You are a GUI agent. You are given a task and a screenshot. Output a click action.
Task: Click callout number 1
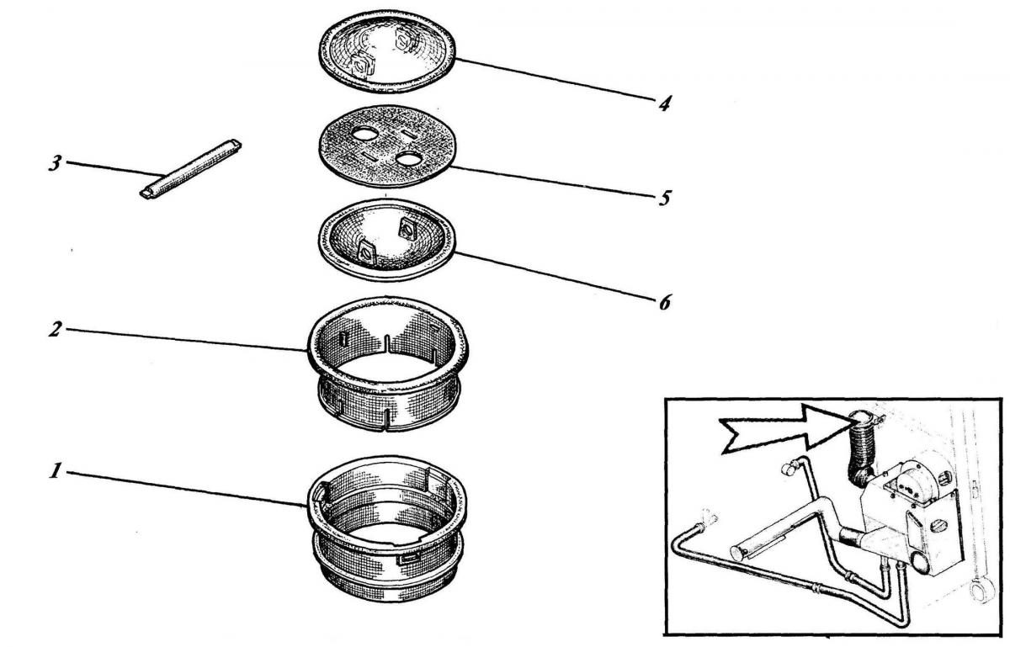[x=55, y=472]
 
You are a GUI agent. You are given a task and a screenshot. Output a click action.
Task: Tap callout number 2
[x=55, y=329]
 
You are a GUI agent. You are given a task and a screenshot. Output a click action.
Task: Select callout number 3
[x=55, y=163]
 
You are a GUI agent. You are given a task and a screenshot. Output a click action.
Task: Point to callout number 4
[x=664, y=104]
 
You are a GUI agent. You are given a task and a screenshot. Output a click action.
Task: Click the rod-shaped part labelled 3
[x=190, y=169]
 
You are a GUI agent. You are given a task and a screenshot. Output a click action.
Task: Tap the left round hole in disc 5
[x=366, y=134]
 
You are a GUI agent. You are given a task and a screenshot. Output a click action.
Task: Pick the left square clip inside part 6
[x=367, y=254]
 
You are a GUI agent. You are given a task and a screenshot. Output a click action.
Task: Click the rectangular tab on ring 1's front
[x=408, y=559]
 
